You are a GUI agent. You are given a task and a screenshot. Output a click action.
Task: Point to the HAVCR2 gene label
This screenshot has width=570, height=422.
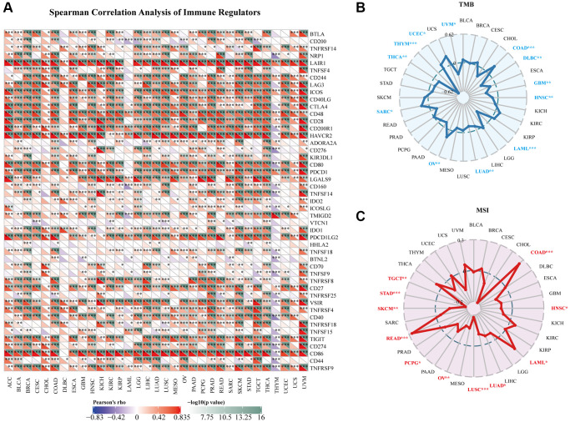322,136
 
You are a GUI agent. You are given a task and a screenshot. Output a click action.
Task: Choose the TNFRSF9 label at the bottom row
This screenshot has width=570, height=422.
323,368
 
